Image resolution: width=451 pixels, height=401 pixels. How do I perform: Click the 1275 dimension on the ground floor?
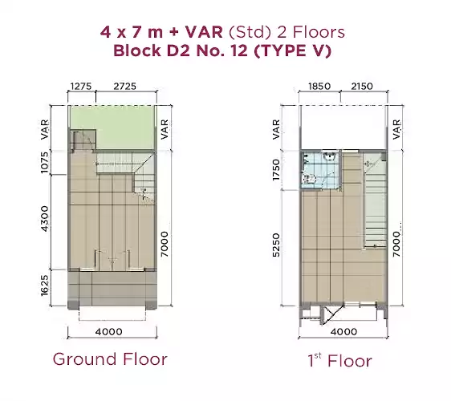click(x=81, y=87)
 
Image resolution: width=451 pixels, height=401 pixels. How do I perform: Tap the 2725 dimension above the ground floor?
click(x=125, y=87)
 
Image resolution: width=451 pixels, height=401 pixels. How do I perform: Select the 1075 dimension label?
click(x=45, y=163)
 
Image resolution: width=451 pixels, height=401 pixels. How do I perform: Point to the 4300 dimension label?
click(x=45, y=218)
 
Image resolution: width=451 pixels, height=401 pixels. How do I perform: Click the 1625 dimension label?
click(x=45, y=286)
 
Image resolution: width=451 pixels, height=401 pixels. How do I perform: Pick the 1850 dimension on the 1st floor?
click(x=319, y=87)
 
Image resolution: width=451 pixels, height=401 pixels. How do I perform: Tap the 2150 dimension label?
click(x=362, y=87)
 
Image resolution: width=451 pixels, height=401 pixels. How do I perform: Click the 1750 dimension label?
click(x=276, y=170)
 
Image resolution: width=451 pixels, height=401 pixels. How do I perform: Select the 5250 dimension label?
click(x=276, y=245)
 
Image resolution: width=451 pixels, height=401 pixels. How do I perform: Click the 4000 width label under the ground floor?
click(x=108, y=332)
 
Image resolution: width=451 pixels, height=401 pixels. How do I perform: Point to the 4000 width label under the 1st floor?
click(x=343, y=332)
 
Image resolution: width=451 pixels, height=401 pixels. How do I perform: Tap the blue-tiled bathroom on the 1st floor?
click(x=320, y=169)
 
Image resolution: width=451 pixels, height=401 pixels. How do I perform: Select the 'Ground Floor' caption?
click(x=110, y=359)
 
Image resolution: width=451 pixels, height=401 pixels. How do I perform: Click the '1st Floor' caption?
click(x=339, y=360)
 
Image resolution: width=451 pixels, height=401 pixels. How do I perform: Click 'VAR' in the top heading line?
click(x=204, y=32)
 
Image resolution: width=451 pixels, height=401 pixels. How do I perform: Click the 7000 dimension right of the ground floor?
click(x=165, y=244)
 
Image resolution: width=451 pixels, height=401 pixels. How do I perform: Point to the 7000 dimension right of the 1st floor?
click(x=396, y=244)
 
